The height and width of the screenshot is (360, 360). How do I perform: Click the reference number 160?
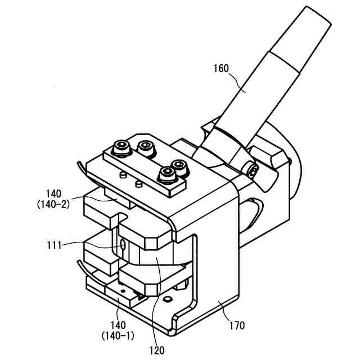[220, 69]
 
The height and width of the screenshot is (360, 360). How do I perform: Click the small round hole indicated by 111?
[123, 245]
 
